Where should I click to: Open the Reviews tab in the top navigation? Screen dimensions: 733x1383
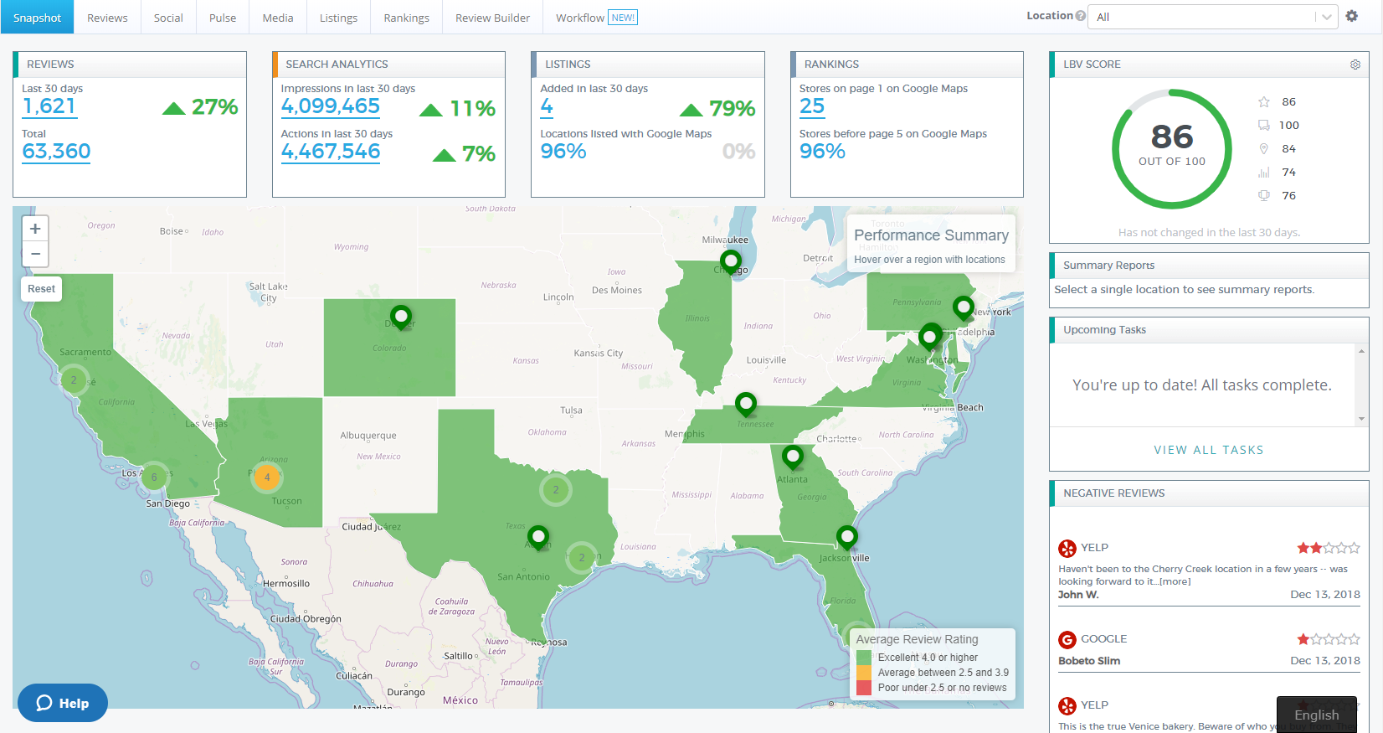tap(107, 18)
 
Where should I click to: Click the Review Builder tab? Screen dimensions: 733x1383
tap(492, 18)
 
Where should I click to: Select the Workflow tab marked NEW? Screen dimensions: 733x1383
tap(595, 18)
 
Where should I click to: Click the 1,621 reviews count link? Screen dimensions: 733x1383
tap(49, 106)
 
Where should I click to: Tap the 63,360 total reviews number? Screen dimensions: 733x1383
tap(56, 152)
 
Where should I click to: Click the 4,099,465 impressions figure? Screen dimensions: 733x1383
tap(330, 106)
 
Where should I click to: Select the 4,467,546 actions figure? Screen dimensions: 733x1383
tap(330, 152)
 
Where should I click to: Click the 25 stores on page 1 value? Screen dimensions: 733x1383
tap(811, 106)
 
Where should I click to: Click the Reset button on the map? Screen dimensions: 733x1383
tap(41, 289)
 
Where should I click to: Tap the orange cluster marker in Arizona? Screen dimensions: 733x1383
tap(267, 477)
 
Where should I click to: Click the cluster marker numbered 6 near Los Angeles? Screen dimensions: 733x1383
tap(154, 477)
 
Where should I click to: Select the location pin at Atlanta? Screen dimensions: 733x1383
tap(792, 457)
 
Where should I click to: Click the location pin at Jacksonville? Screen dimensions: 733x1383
tap(847, 535)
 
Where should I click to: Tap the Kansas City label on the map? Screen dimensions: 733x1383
tap(598, 354)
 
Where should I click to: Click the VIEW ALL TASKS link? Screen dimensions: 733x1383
tap(1208, 450)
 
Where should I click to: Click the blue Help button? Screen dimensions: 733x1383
tap(63, 703)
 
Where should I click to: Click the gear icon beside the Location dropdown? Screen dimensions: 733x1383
tap(1352, 16)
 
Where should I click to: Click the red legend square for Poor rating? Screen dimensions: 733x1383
tap(864, 688)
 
